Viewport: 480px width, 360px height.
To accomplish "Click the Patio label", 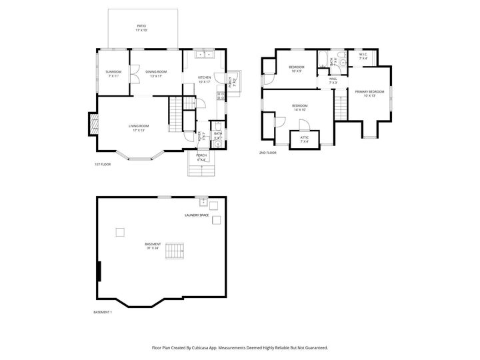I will (141, 27).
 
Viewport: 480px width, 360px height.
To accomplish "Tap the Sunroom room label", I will (113, 73).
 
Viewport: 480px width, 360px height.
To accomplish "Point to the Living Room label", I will (139, 127).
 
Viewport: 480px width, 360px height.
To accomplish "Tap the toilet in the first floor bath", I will (218, 143).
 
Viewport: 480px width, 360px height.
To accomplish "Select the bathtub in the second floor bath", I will (323, 61).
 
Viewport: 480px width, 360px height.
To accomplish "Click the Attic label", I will (305, 140).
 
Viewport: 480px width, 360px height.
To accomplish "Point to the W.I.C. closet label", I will (363, 57).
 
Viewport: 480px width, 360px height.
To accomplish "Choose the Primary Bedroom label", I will (369, 93).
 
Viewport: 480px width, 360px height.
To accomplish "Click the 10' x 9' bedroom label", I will (297, 69).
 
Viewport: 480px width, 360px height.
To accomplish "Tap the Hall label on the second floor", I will (333, 80).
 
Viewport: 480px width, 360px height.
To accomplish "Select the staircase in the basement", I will (175, 251).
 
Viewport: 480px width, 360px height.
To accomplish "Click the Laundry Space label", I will (197, 215).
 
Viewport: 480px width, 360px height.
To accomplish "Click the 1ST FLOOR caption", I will (102, 165).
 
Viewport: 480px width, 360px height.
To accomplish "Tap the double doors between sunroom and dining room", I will (133, 73).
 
